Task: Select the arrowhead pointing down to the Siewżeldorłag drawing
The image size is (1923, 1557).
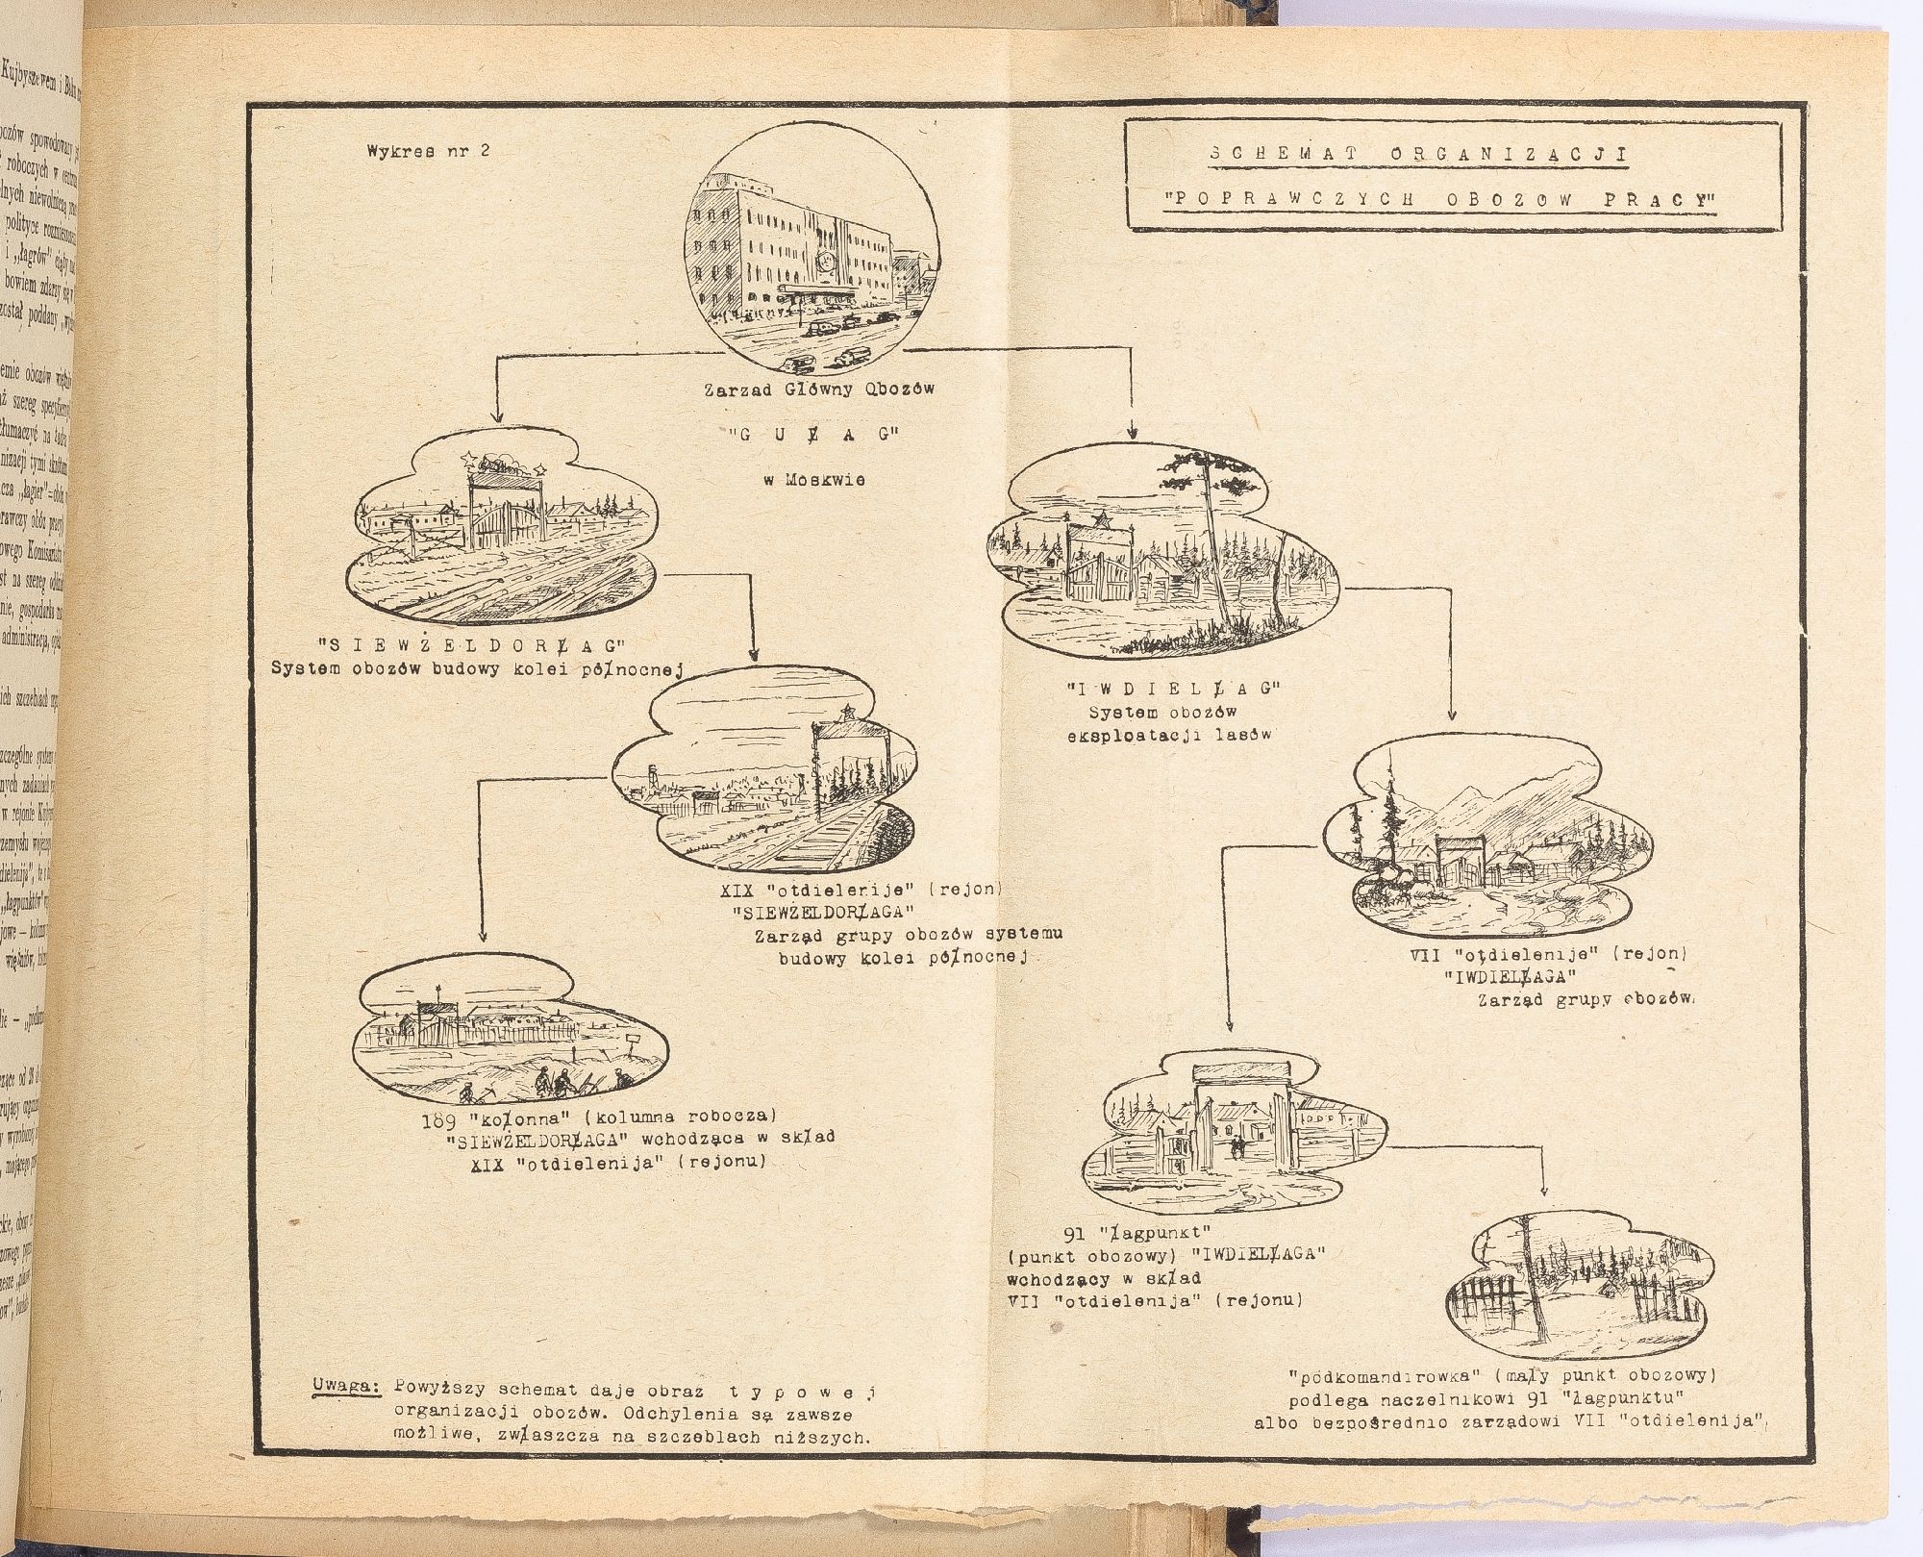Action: (496, 416)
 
